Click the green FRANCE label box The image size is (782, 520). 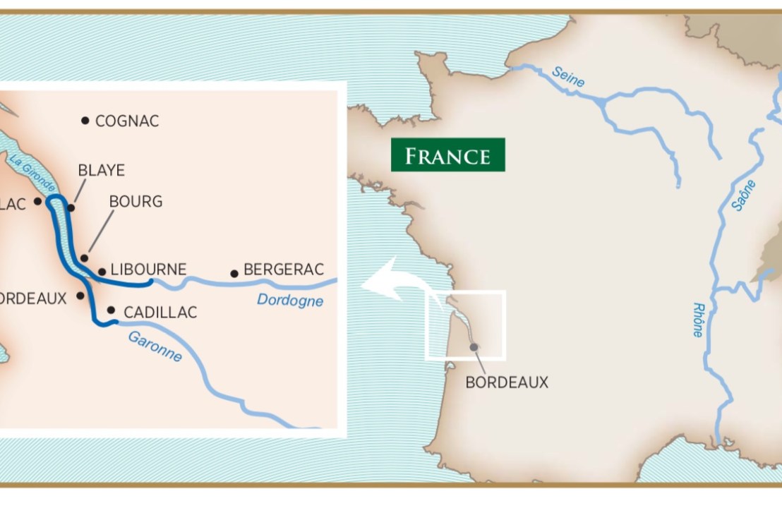(448, 155)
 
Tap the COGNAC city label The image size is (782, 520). (127, 121)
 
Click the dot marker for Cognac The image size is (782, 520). (85, 121)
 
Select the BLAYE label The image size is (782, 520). (102, 170)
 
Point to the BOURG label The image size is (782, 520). (136, 202)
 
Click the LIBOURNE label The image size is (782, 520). (149, 270)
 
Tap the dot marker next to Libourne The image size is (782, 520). (102, 271)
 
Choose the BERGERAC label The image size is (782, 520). (284, 270)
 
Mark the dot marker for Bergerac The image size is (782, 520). (234, 273)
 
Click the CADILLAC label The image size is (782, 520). (160, 312)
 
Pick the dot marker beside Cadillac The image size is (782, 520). (111, 310)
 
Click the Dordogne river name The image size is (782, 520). (290, 301)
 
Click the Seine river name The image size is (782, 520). (568, 76)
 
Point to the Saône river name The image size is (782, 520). (744, 195)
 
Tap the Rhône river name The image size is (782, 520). (699, 320)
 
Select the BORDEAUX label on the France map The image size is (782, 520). (507, 382)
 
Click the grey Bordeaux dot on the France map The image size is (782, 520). (474, 346)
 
